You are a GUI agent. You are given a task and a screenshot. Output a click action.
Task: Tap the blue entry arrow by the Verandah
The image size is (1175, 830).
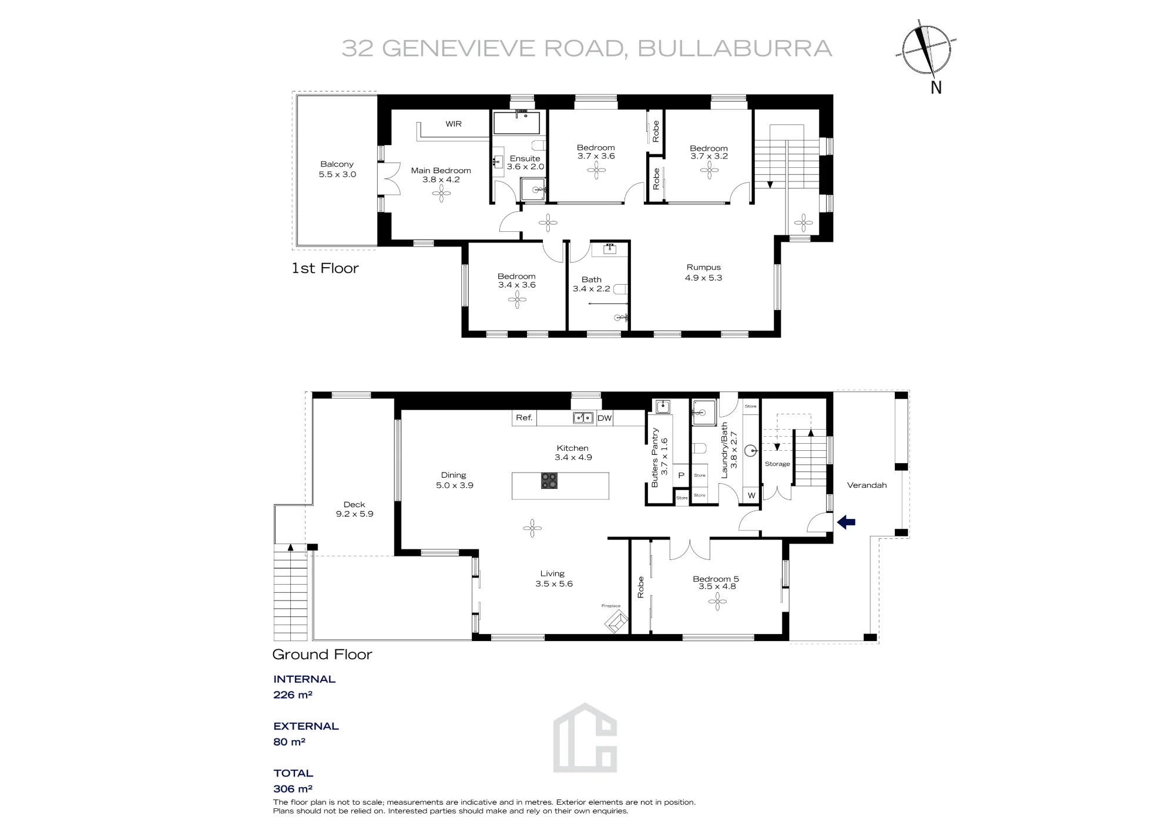[846, 522]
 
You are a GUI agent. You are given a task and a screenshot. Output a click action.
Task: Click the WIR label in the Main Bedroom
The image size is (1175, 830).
[454, 124]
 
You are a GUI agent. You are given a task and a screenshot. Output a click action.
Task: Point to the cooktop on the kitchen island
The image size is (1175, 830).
[549, 481]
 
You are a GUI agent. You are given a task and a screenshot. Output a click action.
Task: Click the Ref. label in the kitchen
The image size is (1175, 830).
[524, 418]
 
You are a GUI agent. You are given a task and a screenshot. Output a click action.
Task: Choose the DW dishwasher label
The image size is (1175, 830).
[605, 419]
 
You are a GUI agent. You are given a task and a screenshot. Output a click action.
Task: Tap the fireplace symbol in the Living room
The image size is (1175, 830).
[616, 622]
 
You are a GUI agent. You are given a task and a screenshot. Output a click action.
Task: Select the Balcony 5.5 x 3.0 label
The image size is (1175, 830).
[337, 169]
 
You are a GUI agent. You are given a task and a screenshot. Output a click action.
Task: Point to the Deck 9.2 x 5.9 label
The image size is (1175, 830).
[354, 509]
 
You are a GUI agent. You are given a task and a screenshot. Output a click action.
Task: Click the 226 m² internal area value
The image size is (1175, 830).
[293, 695]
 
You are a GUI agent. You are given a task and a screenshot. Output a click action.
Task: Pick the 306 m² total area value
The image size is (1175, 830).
[293, 789]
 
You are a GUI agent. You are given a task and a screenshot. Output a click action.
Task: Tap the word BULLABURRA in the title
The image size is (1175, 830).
[735, 49]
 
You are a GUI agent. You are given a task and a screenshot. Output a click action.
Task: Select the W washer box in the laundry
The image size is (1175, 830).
[751, 495]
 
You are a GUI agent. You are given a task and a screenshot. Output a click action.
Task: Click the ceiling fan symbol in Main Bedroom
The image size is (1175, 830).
[441, 194]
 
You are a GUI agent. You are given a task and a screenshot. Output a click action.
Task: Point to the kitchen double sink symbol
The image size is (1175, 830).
[583, 418]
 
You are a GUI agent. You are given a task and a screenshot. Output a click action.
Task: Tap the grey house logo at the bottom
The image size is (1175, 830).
[585, 738]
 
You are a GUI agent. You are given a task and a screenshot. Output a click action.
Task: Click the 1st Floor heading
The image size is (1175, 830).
[325, 268]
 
